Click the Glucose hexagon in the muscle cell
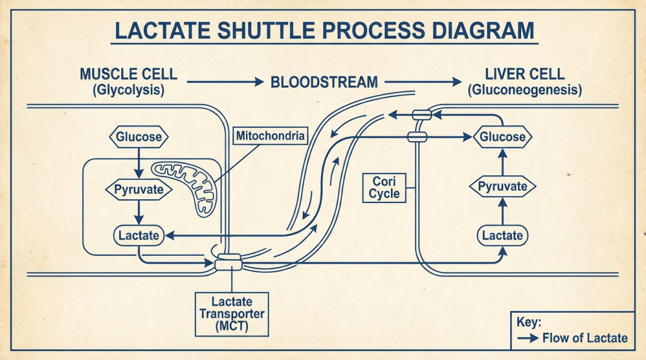click(138, 137)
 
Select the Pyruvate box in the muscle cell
click(138, 189)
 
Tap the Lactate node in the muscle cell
click(139, 236)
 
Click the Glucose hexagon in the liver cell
click(502, 137)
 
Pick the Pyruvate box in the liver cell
click(502, 187)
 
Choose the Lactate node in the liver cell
click(502, 236)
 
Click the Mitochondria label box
click(270, 136)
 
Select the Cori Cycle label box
click(384, 187)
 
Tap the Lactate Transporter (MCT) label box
click(232, 314)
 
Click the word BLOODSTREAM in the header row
click(324, 82)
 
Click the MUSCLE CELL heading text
click(128, 74)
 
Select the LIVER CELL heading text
click(524, 74)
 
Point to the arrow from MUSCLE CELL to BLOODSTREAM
click(224, 82)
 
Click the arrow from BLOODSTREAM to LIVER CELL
click(423, 82)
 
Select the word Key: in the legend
click(529, 322)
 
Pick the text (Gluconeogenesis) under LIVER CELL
click(524, 90)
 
